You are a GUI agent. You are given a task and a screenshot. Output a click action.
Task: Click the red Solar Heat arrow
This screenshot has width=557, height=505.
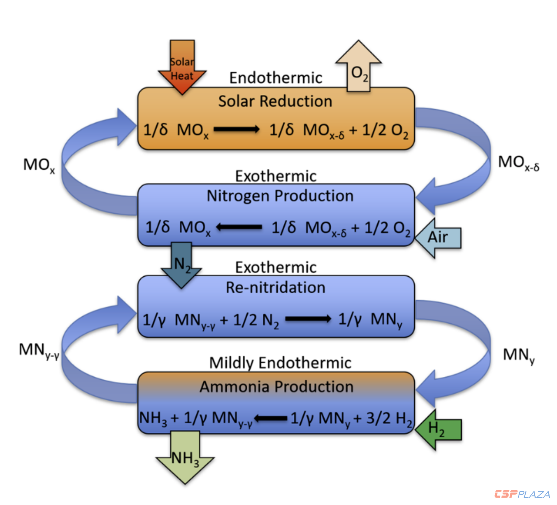click(x=182, y=68)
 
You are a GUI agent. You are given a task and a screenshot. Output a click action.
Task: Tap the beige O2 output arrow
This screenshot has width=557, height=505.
click(x=359, y=69)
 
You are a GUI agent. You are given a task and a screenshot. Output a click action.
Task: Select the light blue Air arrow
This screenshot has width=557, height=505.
click(x=438, y=238)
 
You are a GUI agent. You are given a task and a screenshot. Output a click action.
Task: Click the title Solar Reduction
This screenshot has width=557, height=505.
click(x=275, y=101)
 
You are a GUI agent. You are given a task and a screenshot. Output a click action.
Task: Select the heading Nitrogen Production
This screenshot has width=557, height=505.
click(x=280, y=196)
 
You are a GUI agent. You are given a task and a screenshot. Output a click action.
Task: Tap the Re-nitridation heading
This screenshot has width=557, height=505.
click(x=275, y=287)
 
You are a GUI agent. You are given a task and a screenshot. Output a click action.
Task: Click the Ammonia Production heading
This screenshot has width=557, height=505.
click(x=277, y=387)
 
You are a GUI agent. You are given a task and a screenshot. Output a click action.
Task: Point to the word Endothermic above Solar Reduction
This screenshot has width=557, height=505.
click(x=275, y=78)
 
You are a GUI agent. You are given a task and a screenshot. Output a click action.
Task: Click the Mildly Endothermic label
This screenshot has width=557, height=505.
click(x=280, y=363)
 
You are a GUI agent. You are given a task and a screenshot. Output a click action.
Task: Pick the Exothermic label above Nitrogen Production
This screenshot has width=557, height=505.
click(x=276, y=176)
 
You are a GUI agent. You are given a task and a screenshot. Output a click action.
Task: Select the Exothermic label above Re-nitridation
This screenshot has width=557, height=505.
click(x=276, y=267)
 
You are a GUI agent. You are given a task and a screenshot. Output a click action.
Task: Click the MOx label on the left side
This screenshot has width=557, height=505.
click(x=39, y=165)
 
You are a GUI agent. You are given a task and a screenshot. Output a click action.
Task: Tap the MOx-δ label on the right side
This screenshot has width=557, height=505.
click(x=518, y=163)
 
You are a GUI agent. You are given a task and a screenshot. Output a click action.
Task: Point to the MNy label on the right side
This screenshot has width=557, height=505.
click(x=518, y=355)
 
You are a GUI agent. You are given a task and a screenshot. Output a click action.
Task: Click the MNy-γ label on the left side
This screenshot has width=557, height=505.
click(x=39, y=350)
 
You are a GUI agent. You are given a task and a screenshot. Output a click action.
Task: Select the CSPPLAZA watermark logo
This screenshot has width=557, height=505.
click(x=522, y=494)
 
